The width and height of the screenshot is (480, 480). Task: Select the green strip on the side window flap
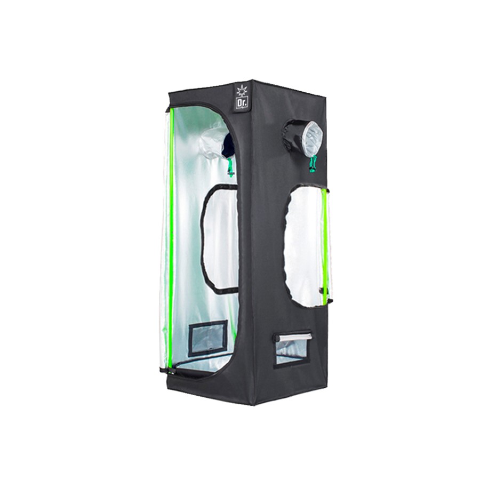tap(324, 246)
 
